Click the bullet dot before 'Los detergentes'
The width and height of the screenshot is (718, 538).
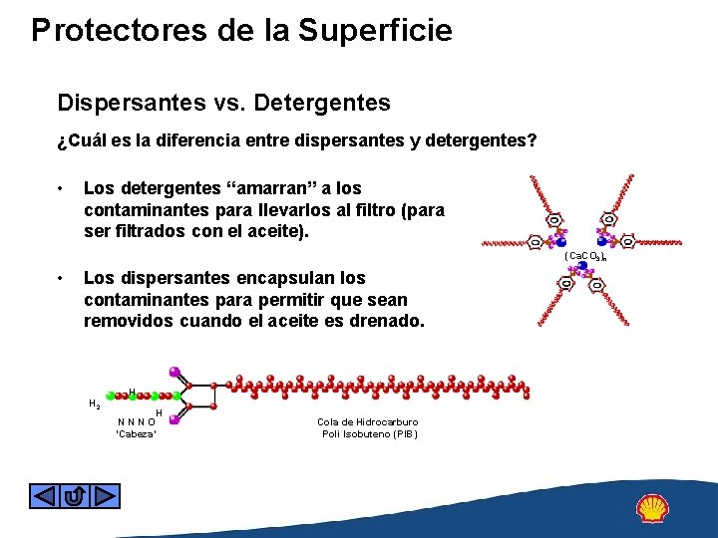pyautogui.click(x=62, y=188)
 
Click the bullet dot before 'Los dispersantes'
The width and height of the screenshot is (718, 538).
pyautogui.click(x=62, y=278)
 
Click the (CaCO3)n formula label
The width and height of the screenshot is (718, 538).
pyautogui.click(x=585, y=256)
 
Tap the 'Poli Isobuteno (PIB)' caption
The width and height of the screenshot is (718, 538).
pyautogui.click(x=370, y=433)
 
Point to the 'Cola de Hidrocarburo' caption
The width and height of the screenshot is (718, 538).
pyautogui.click(x=368, y=421)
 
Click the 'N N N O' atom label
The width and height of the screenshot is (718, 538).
pyautogui.click(x=136, y=421)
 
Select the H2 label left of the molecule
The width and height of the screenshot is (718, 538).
pyautogui.click(x=93, y=403)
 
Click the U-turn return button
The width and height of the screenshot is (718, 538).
pyautogui.click(x=75, y=495)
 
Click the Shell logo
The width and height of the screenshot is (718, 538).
pyautogui.click(x=653, y=509)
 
